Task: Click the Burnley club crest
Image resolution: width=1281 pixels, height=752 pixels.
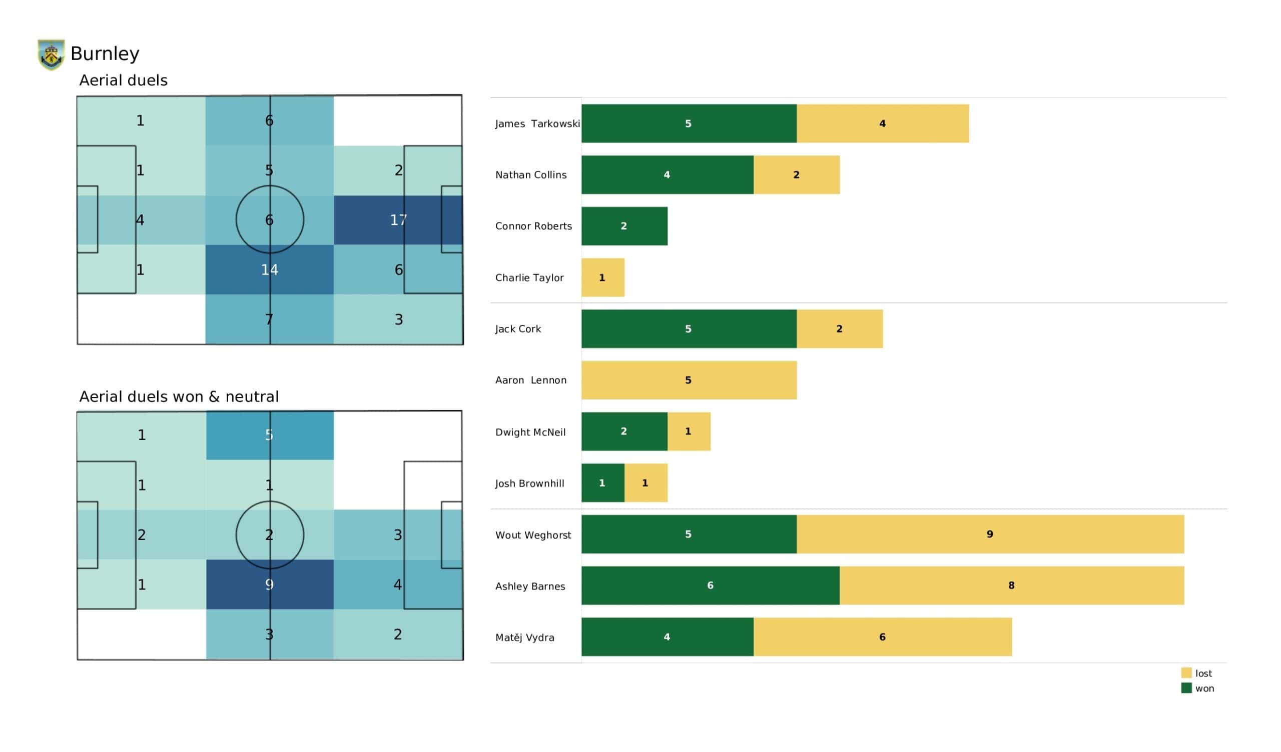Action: pos(51,54)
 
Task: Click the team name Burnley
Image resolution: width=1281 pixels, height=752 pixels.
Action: pos(105,54)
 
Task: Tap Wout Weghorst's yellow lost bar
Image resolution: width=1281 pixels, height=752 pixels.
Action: pos(989,534)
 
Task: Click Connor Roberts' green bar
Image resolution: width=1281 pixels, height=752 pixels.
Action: pos(623,226)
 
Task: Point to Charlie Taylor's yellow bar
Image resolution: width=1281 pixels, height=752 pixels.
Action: pos(602,277)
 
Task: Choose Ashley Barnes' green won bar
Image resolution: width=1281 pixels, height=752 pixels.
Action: pos(710,586)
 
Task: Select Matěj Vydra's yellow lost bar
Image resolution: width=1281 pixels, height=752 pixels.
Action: pos(882,637)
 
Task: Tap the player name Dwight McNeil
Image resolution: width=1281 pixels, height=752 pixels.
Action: pos(530,432)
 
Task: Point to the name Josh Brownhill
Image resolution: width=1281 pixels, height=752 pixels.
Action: pos(530,483)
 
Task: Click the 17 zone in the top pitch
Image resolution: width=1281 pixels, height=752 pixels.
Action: pos(398,220)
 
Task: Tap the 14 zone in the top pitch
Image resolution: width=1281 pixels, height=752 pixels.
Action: pos(269,270)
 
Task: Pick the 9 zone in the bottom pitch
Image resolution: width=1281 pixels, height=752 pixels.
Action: pos(269,585)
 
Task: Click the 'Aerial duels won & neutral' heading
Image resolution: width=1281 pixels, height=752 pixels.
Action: pos(179,397)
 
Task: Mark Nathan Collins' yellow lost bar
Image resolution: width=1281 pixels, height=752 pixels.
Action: pos(796,175)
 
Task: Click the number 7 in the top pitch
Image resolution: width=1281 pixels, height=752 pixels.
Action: pos(269,319)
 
